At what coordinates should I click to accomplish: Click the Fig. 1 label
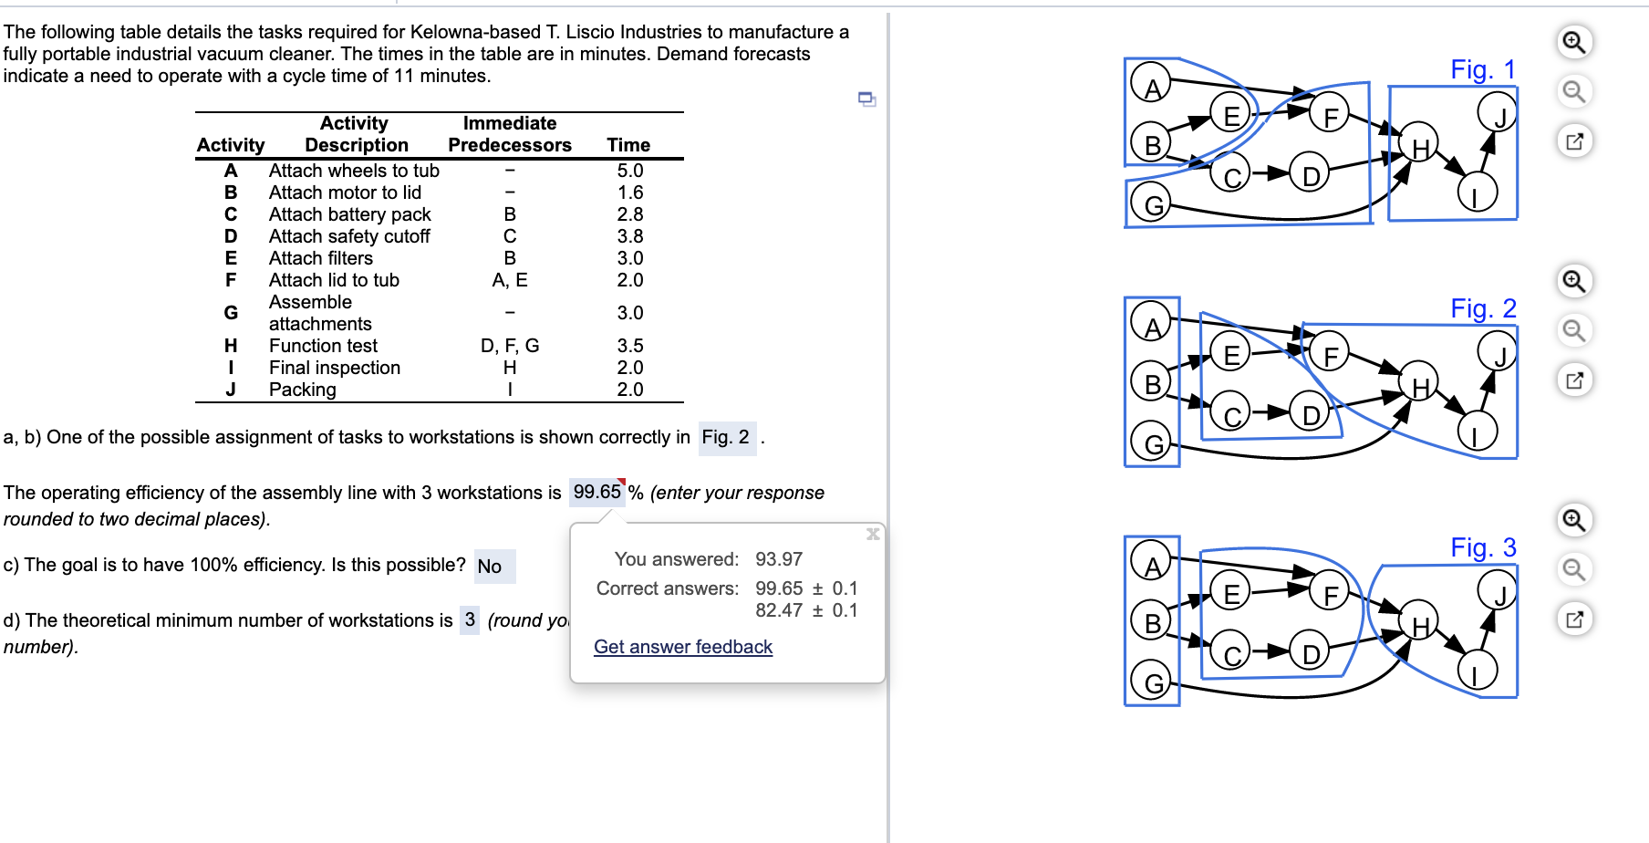1483,69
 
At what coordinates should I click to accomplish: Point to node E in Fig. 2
1230,354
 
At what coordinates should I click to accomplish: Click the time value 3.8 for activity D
629,236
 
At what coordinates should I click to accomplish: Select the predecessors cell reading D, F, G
510,346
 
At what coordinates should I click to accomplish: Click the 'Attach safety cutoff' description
349,236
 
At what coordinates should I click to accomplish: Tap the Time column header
628,145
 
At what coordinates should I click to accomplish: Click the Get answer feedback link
682,647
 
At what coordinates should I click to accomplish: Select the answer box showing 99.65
597,492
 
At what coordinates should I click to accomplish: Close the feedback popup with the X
873,534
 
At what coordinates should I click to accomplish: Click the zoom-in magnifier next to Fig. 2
1573,281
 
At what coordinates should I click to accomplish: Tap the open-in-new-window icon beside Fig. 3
1573,619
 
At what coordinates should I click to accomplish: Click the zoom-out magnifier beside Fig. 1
1573,91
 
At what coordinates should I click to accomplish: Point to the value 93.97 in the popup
778,559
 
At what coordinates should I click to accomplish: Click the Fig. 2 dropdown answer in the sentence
726,437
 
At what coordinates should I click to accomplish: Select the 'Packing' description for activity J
303,390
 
